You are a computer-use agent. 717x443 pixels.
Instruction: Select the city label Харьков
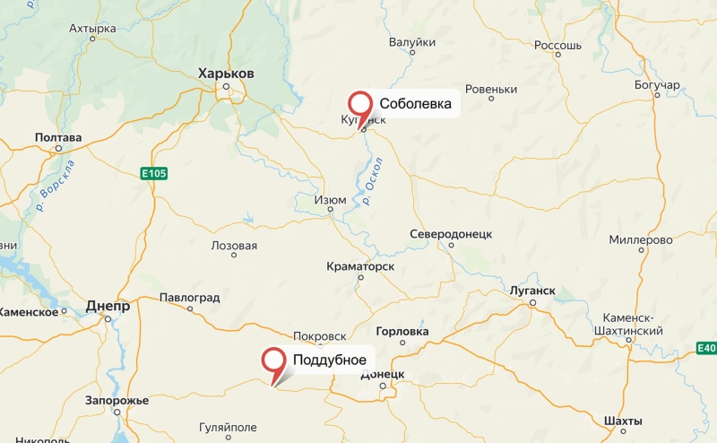pos(226,73)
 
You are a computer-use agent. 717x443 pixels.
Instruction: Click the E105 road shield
pos(154,172)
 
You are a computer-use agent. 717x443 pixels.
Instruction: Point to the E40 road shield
pos(706,347)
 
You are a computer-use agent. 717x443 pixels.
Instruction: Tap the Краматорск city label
pos(360,266)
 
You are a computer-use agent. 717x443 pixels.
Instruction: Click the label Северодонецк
pos(452,233)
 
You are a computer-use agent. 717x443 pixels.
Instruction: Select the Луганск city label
pos(531,291)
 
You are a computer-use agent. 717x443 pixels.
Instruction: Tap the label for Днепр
pos(108,306)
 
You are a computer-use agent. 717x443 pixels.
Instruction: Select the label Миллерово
pos(640,239)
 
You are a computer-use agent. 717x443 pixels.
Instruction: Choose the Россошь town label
pos(557,45)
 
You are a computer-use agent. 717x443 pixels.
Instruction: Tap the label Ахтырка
pos(92,29)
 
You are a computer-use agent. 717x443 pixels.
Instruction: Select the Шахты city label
pos(623,421)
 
